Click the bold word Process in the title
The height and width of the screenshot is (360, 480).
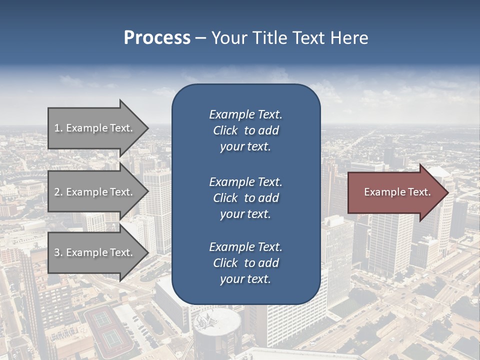(157, 38)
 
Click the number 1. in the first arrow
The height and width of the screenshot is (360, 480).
(58, 128)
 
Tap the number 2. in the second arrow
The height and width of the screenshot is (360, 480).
(58, 192)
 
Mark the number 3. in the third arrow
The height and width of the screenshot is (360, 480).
(58, 252)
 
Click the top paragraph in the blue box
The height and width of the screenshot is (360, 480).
(245, 130)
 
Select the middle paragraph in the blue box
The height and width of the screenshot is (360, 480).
(245, 198)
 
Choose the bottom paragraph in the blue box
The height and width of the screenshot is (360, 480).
(245, 263)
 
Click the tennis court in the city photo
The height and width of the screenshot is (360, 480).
(107, 327)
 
